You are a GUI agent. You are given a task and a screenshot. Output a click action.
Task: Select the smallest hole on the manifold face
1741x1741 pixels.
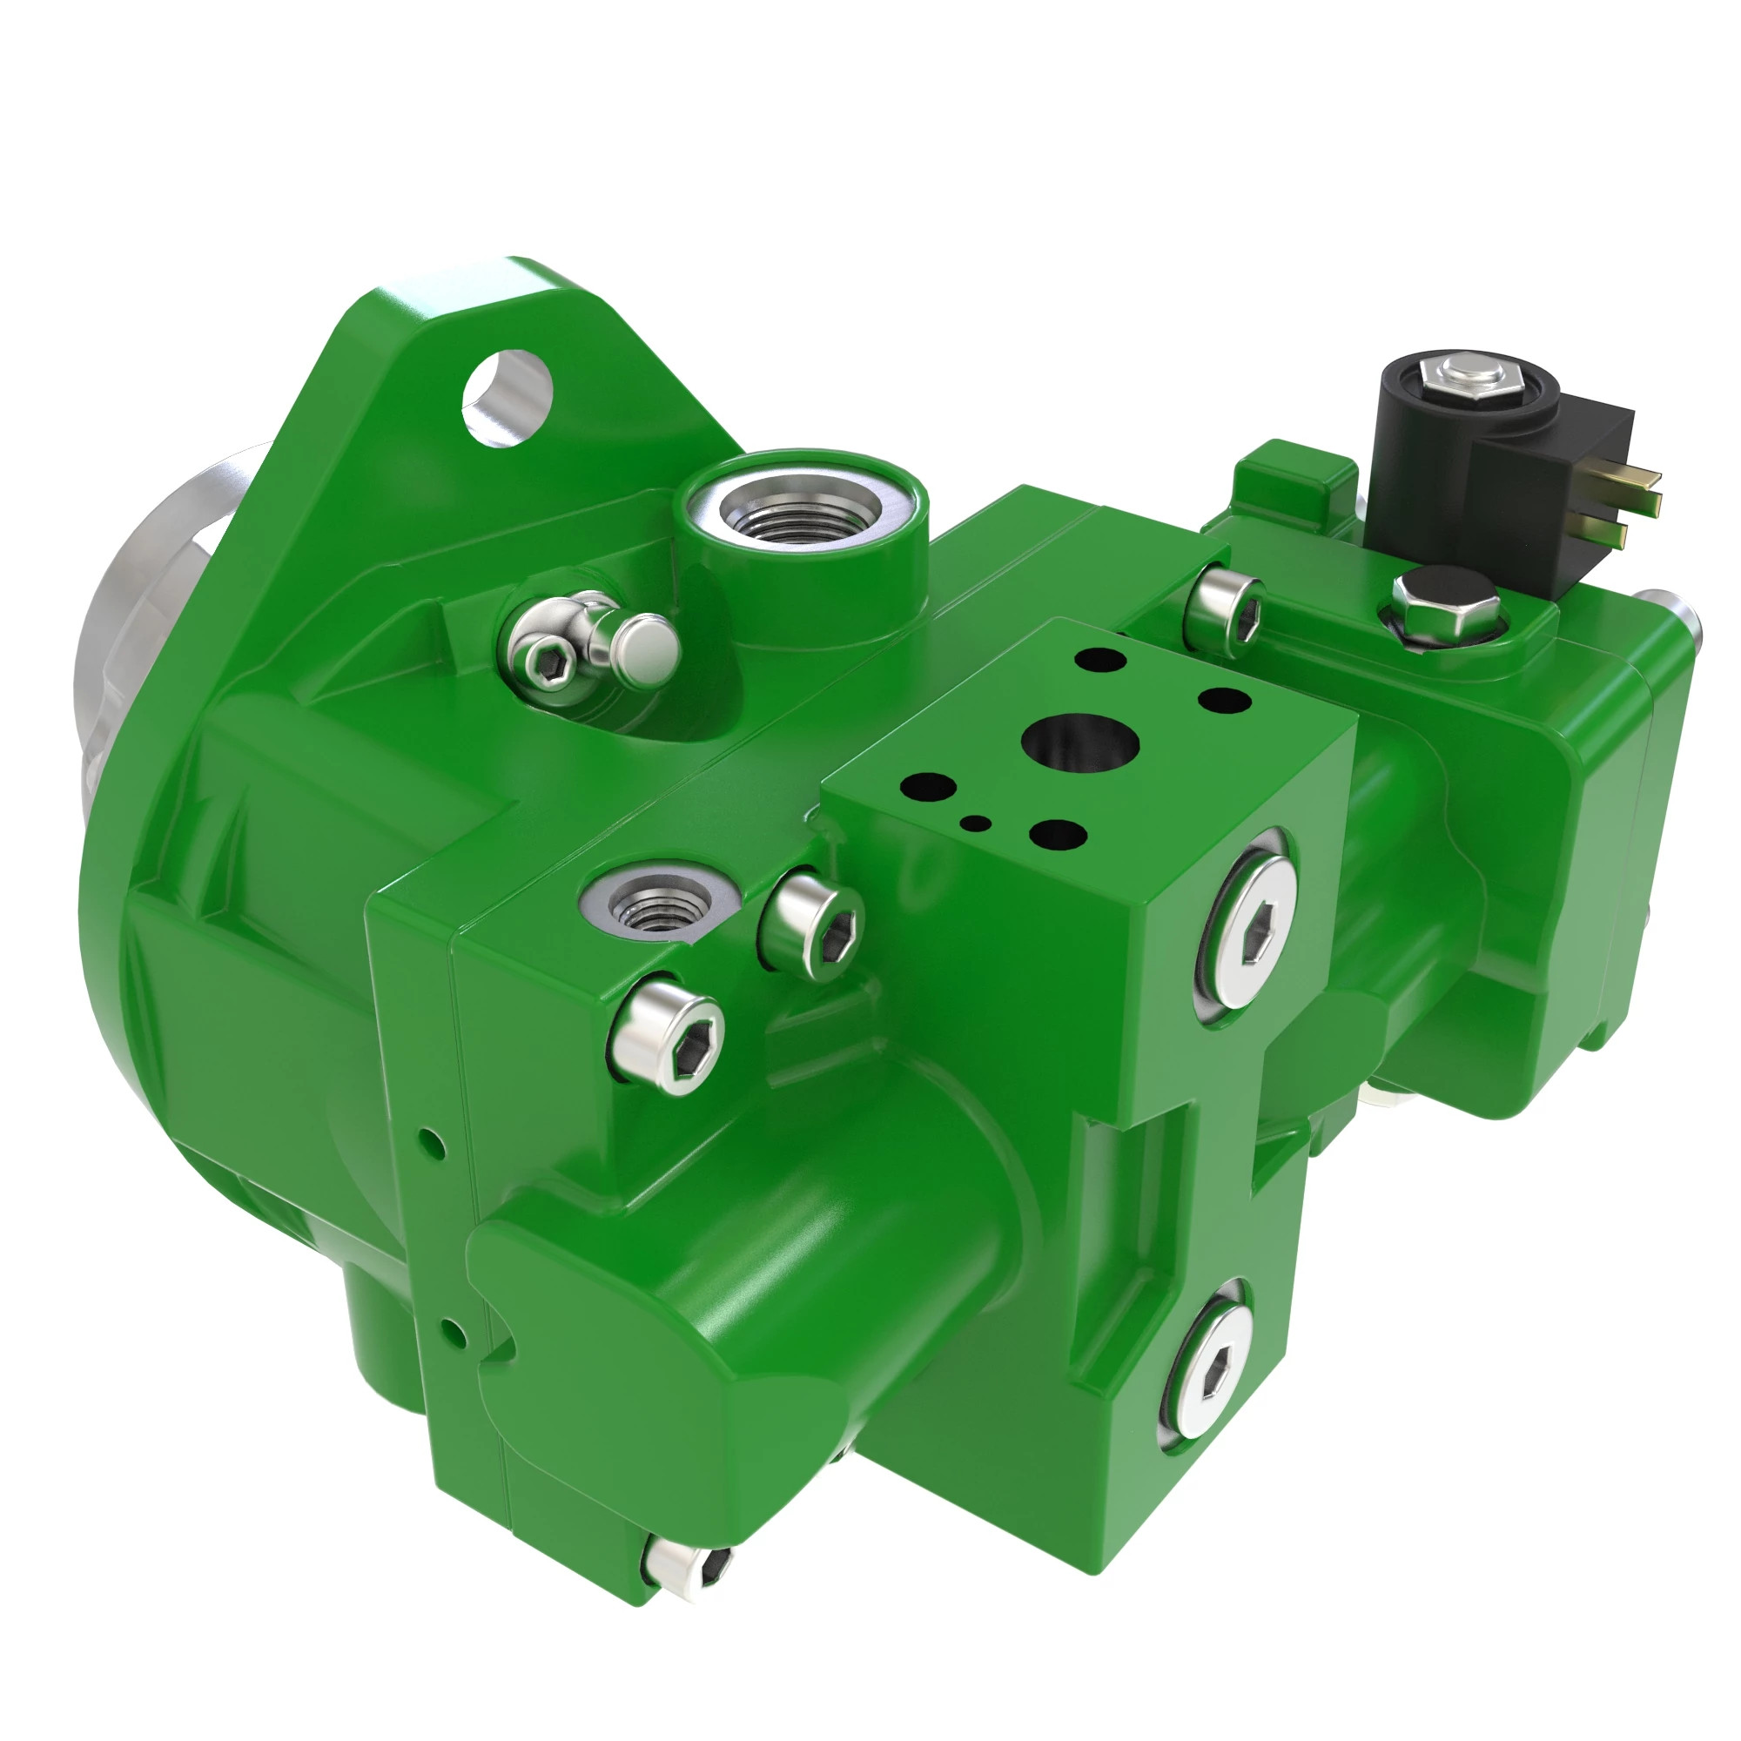[975, 822]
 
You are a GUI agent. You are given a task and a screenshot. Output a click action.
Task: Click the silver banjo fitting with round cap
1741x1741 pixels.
[590, 644]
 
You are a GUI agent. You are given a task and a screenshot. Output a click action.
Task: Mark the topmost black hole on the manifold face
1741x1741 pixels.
[1101, 660]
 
